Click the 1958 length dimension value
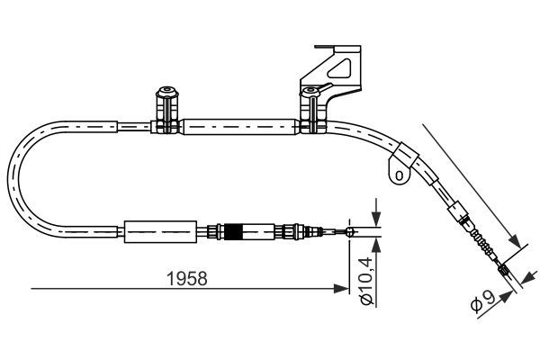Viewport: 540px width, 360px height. click(188, 279)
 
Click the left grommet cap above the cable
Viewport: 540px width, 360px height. click(166, 93)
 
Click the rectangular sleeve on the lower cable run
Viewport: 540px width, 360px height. click(158, 231)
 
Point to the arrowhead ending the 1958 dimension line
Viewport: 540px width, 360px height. click(342, 289)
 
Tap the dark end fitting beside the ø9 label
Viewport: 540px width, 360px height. click(503, 268)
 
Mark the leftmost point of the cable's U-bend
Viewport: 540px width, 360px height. click(10, 180)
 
